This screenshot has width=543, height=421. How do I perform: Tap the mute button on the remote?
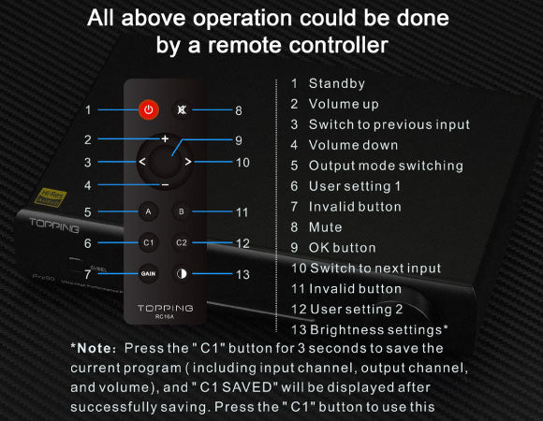[x=182, y=110]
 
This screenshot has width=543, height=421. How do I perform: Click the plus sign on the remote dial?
[x=165, y=138]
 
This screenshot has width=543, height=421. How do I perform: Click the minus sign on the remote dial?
[x=165, y=185]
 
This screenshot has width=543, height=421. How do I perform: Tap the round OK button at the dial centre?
[x=165, y=162]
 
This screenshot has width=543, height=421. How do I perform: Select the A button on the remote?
[x=148, y=211]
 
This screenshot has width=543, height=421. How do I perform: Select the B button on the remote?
[x=182, y=211]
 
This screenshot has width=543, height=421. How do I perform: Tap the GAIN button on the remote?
[x=148, y=273]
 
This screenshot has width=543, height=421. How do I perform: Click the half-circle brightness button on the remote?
[x=182, y=273]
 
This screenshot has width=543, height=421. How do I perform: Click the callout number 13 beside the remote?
[x=242, y=275]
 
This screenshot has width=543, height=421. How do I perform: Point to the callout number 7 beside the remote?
[x=88, y=274]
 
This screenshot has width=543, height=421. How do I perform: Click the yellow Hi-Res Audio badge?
[x=51, y=197]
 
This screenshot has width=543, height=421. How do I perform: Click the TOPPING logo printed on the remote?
[x=165, y=308]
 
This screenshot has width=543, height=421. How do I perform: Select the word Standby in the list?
[x=337, y=83]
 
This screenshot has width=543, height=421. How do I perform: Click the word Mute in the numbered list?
[x=325, y=227]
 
